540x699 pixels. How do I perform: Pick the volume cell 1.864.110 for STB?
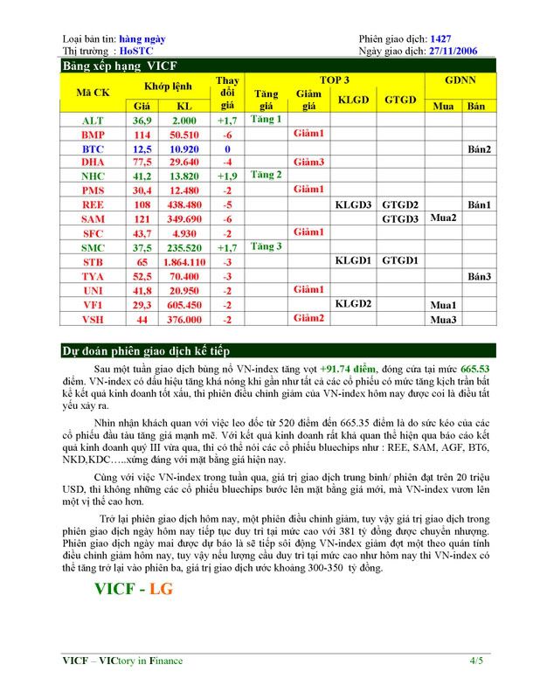184,261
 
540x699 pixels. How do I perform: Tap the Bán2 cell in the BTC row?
478,149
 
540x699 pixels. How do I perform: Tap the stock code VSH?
93,319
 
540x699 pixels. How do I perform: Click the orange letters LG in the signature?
161,588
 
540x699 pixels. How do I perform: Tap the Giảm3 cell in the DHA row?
308,163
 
